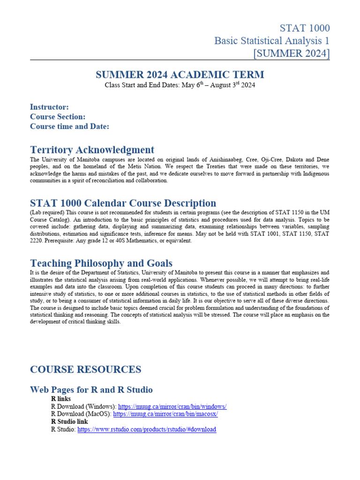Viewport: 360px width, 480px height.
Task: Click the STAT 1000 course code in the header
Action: pyautogui.click(x=305, y=28)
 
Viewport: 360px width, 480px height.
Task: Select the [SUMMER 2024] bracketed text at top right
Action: pyautogui.click(x=291, y=53)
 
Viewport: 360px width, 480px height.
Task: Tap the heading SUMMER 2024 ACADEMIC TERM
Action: pyautogui.click(x=180, y=75)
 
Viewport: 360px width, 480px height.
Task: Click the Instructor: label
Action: pyautogui.click(x=49, y=107)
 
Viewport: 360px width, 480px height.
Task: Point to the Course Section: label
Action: pyautogui.click(x=58, y=117)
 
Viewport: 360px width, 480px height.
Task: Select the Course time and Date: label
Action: pyautogui.click(x=69, y=127)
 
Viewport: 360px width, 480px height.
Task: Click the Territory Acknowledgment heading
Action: pyautogui.click(x=92, y=150)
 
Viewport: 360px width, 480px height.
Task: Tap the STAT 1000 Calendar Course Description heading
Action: pyautogui.click(x=123, y=203)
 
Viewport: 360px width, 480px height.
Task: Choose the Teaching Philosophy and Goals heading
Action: pyautogui.click(x=101, y=263)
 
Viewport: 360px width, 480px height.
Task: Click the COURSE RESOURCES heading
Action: pyautogui.click(x=85, y=369)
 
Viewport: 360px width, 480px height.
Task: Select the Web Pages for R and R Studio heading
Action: pyautogui.click(x=91, y=390)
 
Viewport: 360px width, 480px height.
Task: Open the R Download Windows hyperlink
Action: pyautogui.click(x=172, y=407)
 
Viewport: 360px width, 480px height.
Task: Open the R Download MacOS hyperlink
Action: pyautogui.click(x=165, y=414)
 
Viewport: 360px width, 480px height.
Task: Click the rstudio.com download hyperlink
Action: pyautogui.click(x=147, y=429)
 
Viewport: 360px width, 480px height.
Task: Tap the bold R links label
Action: pyautogui.click(x=61, y=399)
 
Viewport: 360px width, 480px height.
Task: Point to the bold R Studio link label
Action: pyautogui.click(x=69, y=422)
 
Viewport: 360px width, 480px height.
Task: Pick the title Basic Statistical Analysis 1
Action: pyautogui.click(x=272, y=41)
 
